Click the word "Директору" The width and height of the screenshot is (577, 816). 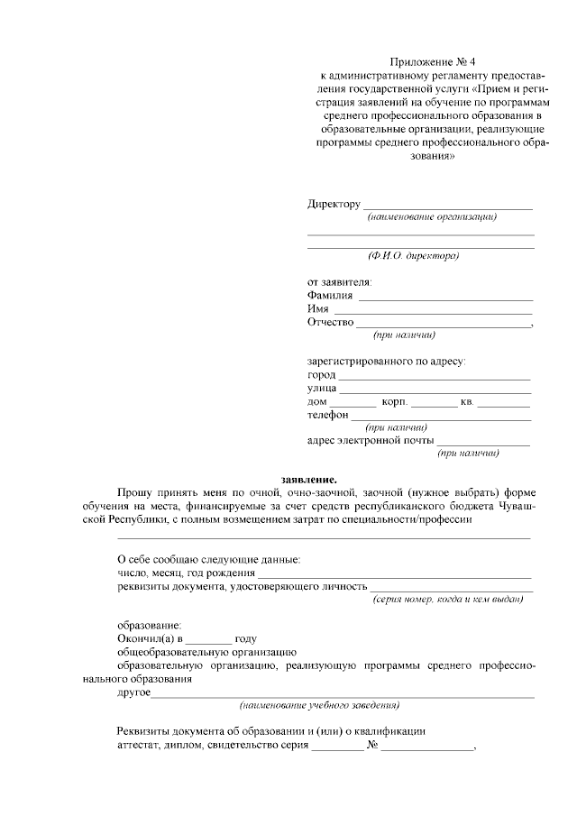pyautogui.click(x=334, y=204)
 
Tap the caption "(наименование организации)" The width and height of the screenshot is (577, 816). pyautogui.click(x=432, y=217)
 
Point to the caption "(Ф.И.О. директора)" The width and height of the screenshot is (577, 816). pyautogui.click(x=421, y=256)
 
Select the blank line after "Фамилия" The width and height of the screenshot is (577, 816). pyautogui.click(x=445, y=298)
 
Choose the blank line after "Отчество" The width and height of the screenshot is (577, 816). pyautogui.click(x=443, y=325)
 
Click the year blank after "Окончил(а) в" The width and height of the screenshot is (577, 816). pyautogui.click(x=208, y=638)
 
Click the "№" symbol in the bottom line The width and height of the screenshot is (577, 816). pyautogui.click(x=371, y=747)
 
